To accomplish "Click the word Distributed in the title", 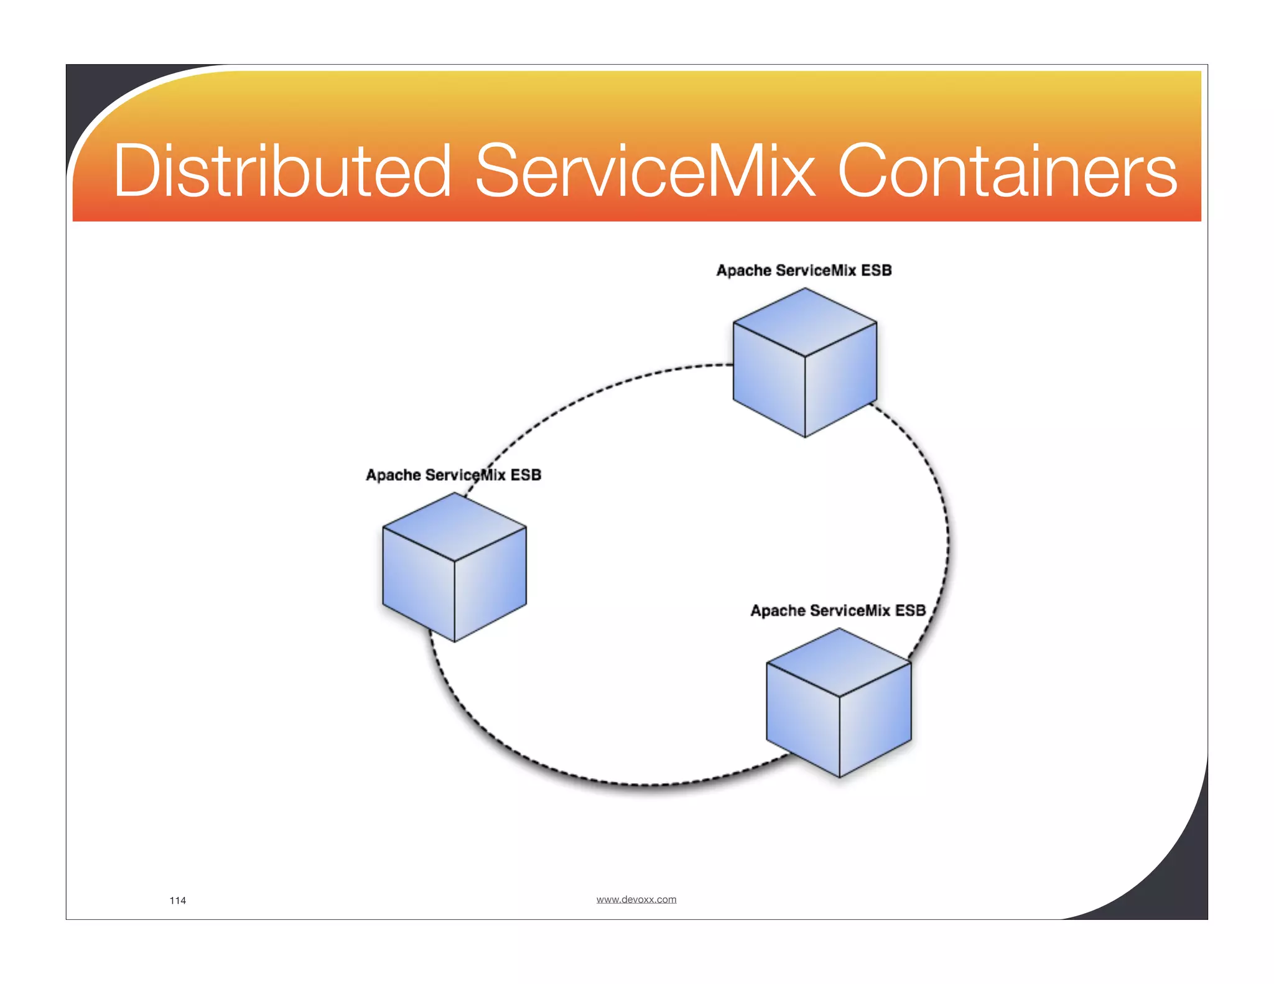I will tap(281, 171).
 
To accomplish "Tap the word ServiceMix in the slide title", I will tap(644, 171).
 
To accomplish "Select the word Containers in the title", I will tap(1007, 171).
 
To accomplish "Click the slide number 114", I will tap(178, 901).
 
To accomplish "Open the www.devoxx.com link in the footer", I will tap(636, 899).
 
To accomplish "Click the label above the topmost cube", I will tap(804, 271).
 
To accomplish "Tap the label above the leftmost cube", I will tap(453, 475).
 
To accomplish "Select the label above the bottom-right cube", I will tap(838, 611).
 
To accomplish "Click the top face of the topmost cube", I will tap(805, 322).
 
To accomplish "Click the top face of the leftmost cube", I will tap(454, 526).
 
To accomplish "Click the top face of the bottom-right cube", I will tap(839, 662).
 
